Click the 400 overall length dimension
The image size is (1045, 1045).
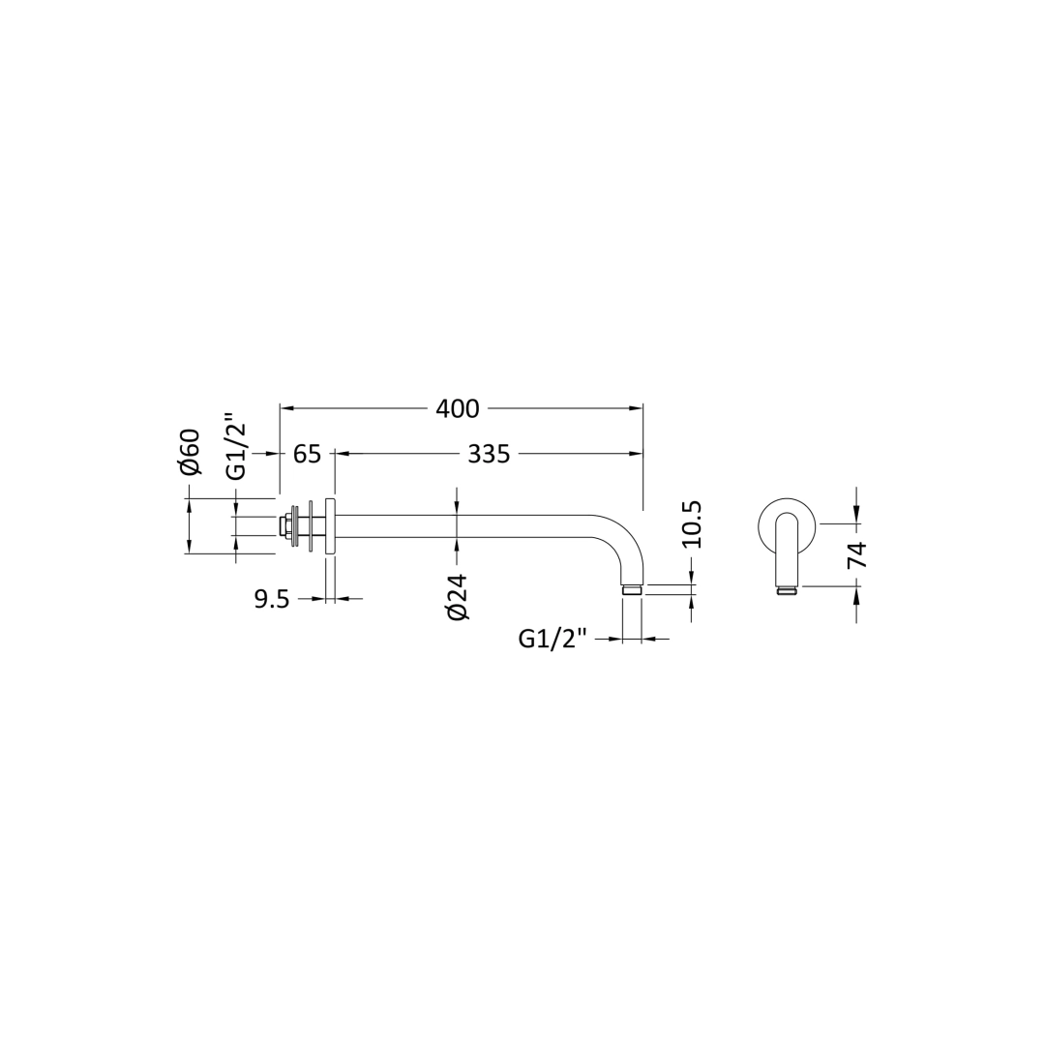[457, 408]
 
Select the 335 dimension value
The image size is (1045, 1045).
[489, 454]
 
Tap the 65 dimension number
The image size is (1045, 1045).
[308, 454]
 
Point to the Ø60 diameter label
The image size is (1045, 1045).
[190, 451]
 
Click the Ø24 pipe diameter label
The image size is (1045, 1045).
[459, 597]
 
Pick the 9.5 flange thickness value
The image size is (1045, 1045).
[272, 600]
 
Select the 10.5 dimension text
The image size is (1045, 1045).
[692, 524]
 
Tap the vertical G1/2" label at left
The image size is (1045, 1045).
[237, 451]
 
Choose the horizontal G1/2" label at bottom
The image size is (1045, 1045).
[552, 640]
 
